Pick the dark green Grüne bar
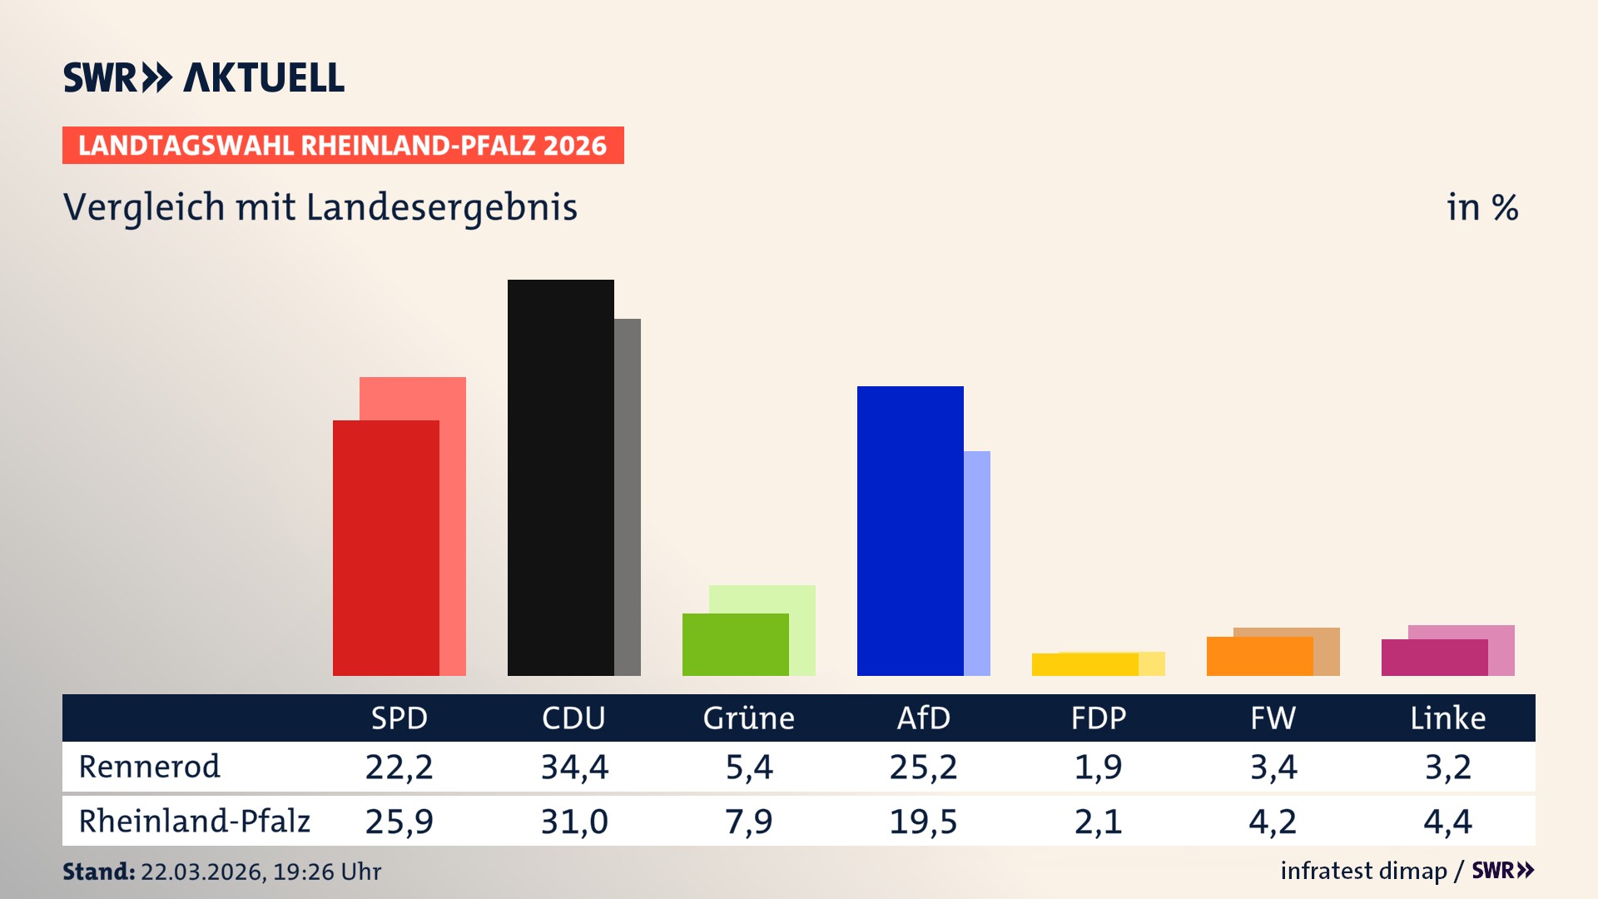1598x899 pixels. point(735,644)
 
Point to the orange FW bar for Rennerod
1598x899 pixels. point(1259,656)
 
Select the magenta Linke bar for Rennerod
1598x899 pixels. point(1434,658)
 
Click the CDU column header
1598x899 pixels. point(573,718)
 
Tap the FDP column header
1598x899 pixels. point(1098,718)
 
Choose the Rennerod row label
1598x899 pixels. point(150,767)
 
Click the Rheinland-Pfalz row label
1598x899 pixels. point(194,821)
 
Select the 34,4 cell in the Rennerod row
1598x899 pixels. point(574,767)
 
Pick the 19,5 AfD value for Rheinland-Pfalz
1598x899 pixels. point(923,822)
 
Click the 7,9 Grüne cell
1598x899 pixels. point(748,822)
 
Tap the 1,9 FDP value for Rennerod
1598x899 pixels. point(1098,767)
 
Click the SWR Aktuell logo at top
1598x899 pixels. point(204,77)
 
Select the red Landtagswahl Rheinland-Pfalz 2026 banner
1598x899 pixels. point(343,146)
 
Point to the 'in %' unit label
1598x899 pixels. point(1481,207)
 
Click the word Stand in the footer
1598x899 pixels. point(98,872)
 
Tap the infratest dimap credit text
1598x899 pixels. point(1363,871)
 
